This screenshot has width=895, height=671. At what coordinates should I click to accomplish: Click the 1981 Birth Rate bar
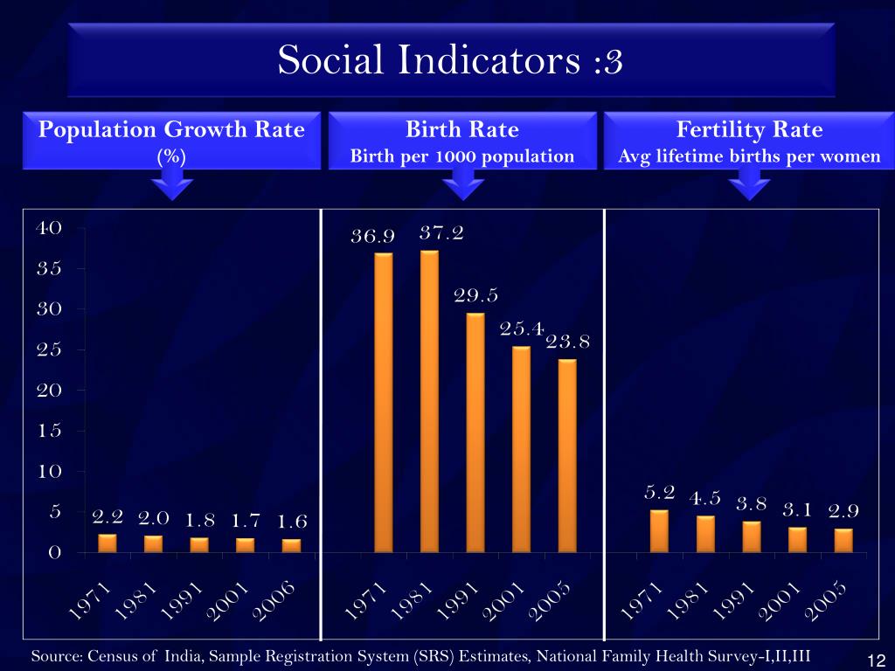(x=429, y=401)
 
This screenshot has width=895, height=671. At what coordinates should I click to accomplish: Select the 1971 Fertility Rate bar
(x=659, y=531)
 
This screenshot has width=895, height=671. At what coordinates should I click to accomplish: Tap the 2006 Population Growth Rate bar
(x=291, y=545)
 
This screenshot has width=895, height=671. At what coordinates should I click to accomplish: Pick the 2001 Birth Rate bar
(x=521, y=449)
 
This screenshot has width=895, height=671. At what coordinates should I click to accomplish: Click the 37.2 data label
(x=441, y=233)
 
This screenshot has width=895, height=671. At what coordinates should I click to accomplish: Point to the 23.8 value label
(x=568, y=342)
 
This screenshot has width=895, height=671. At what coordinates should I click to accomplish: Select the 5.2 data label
(x=660, y=492)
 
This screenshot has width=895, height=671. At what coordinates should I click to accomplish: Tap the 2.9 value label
(x=843, y=509)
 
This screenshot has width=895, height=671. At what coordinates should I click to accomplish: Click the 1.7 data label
(x=245, y=522)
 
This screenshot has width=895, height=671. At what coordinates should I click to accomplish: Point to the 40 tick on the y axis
(x=48, y=228)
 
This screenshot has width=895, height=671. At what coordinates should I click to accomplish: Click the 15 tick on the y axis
(x=48, y=431)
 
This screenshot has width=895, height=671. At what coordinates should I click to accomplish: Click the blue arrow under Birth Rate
(x=462, y=184)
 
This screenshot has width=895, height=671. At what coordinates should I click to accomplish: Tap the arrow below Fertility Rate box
(x=749, y=184)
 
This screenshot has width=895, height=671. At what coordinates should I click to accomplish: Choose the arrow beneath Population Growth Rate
(x=172, y=184)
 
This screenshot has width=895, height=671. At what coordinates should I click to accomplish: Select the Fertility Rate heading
(x=749, y=130)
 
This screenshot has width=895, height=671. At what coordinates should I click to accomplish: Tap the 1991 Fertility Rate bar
(x=752, y=536)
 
